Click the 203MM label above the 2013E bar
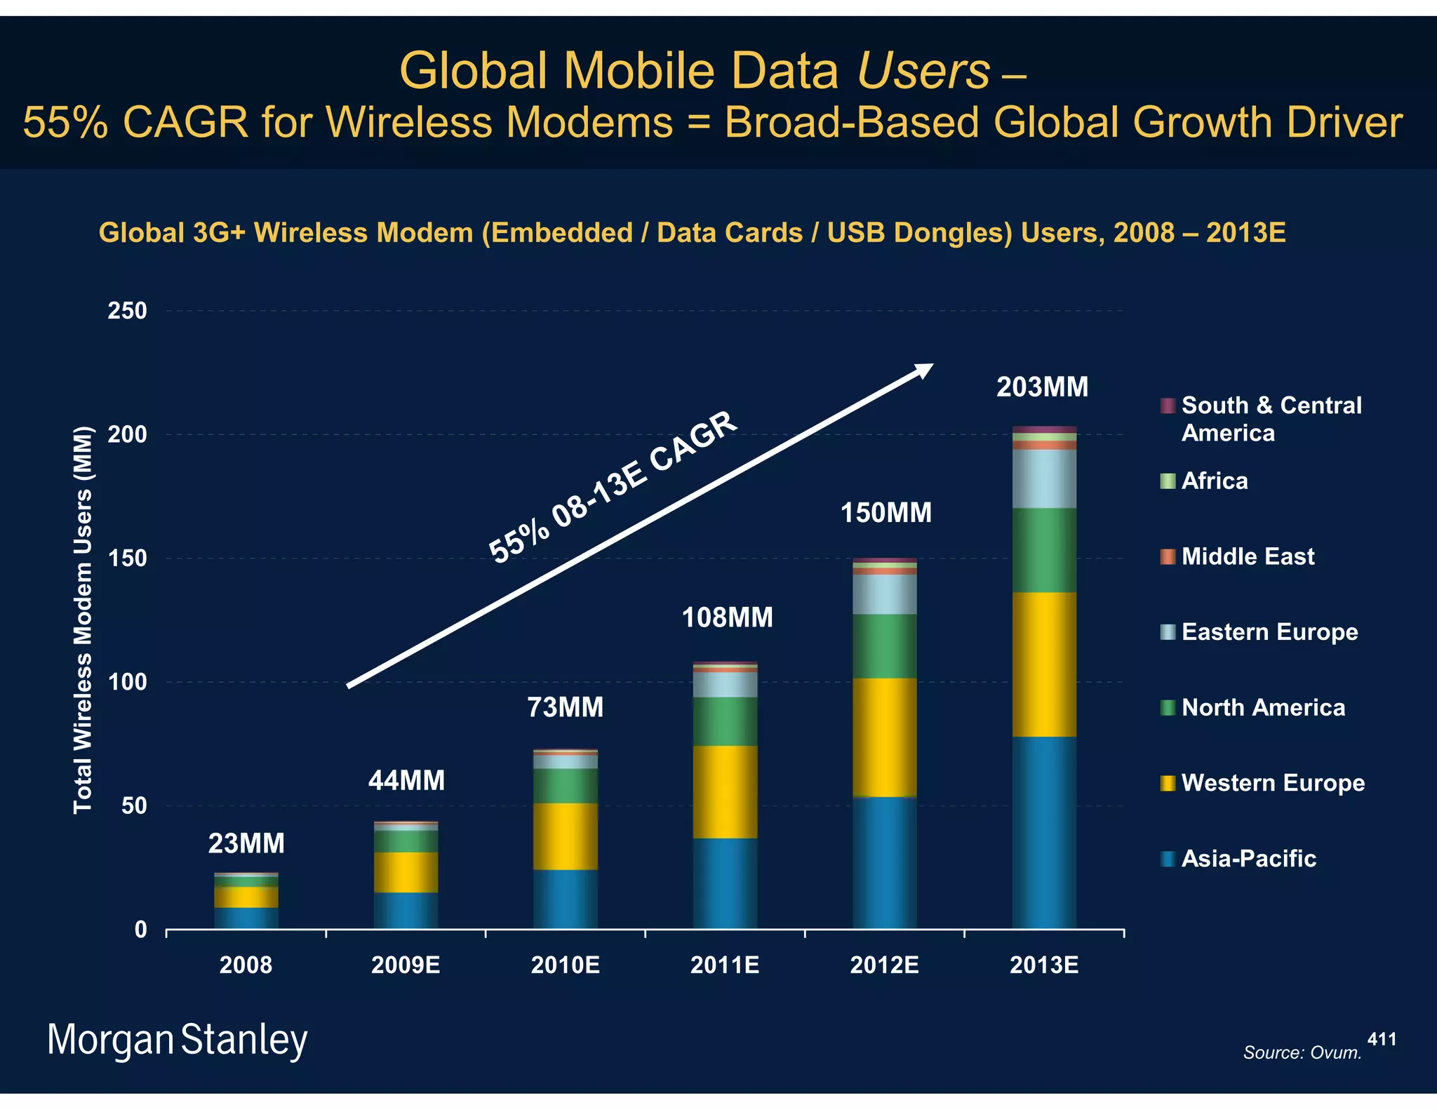click(1042, 387)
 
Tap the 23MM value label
click(246, 843)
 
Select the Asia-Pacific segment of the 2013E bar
click(1044, 832)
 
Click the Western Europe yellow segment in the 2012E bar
click(884, 737)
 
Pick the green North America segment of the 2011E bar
click(725, 721)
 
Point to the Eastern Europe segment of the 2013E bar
click(1044, 479)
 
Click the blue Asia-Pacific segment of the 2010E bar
click(566, 900)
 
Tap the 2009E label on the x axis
click(406, 965)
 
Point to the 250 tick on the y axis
click(127, 311)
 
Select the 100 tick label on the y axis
click(127, 682)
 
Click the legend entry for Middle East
click(1247, 556)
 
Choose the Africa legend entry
click(1214, 481)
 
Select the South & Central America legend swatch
click(1168, 406)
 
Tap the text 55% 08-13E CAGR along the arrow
click(613, 487)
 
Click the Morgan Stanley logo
click(177, 1040)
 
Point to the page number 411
click(1382, 1039)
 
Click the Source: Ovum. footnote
click(1302, 1052)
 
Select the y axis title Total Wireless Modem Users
click(83, 620)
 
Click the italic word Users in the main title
click(923, 71)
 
